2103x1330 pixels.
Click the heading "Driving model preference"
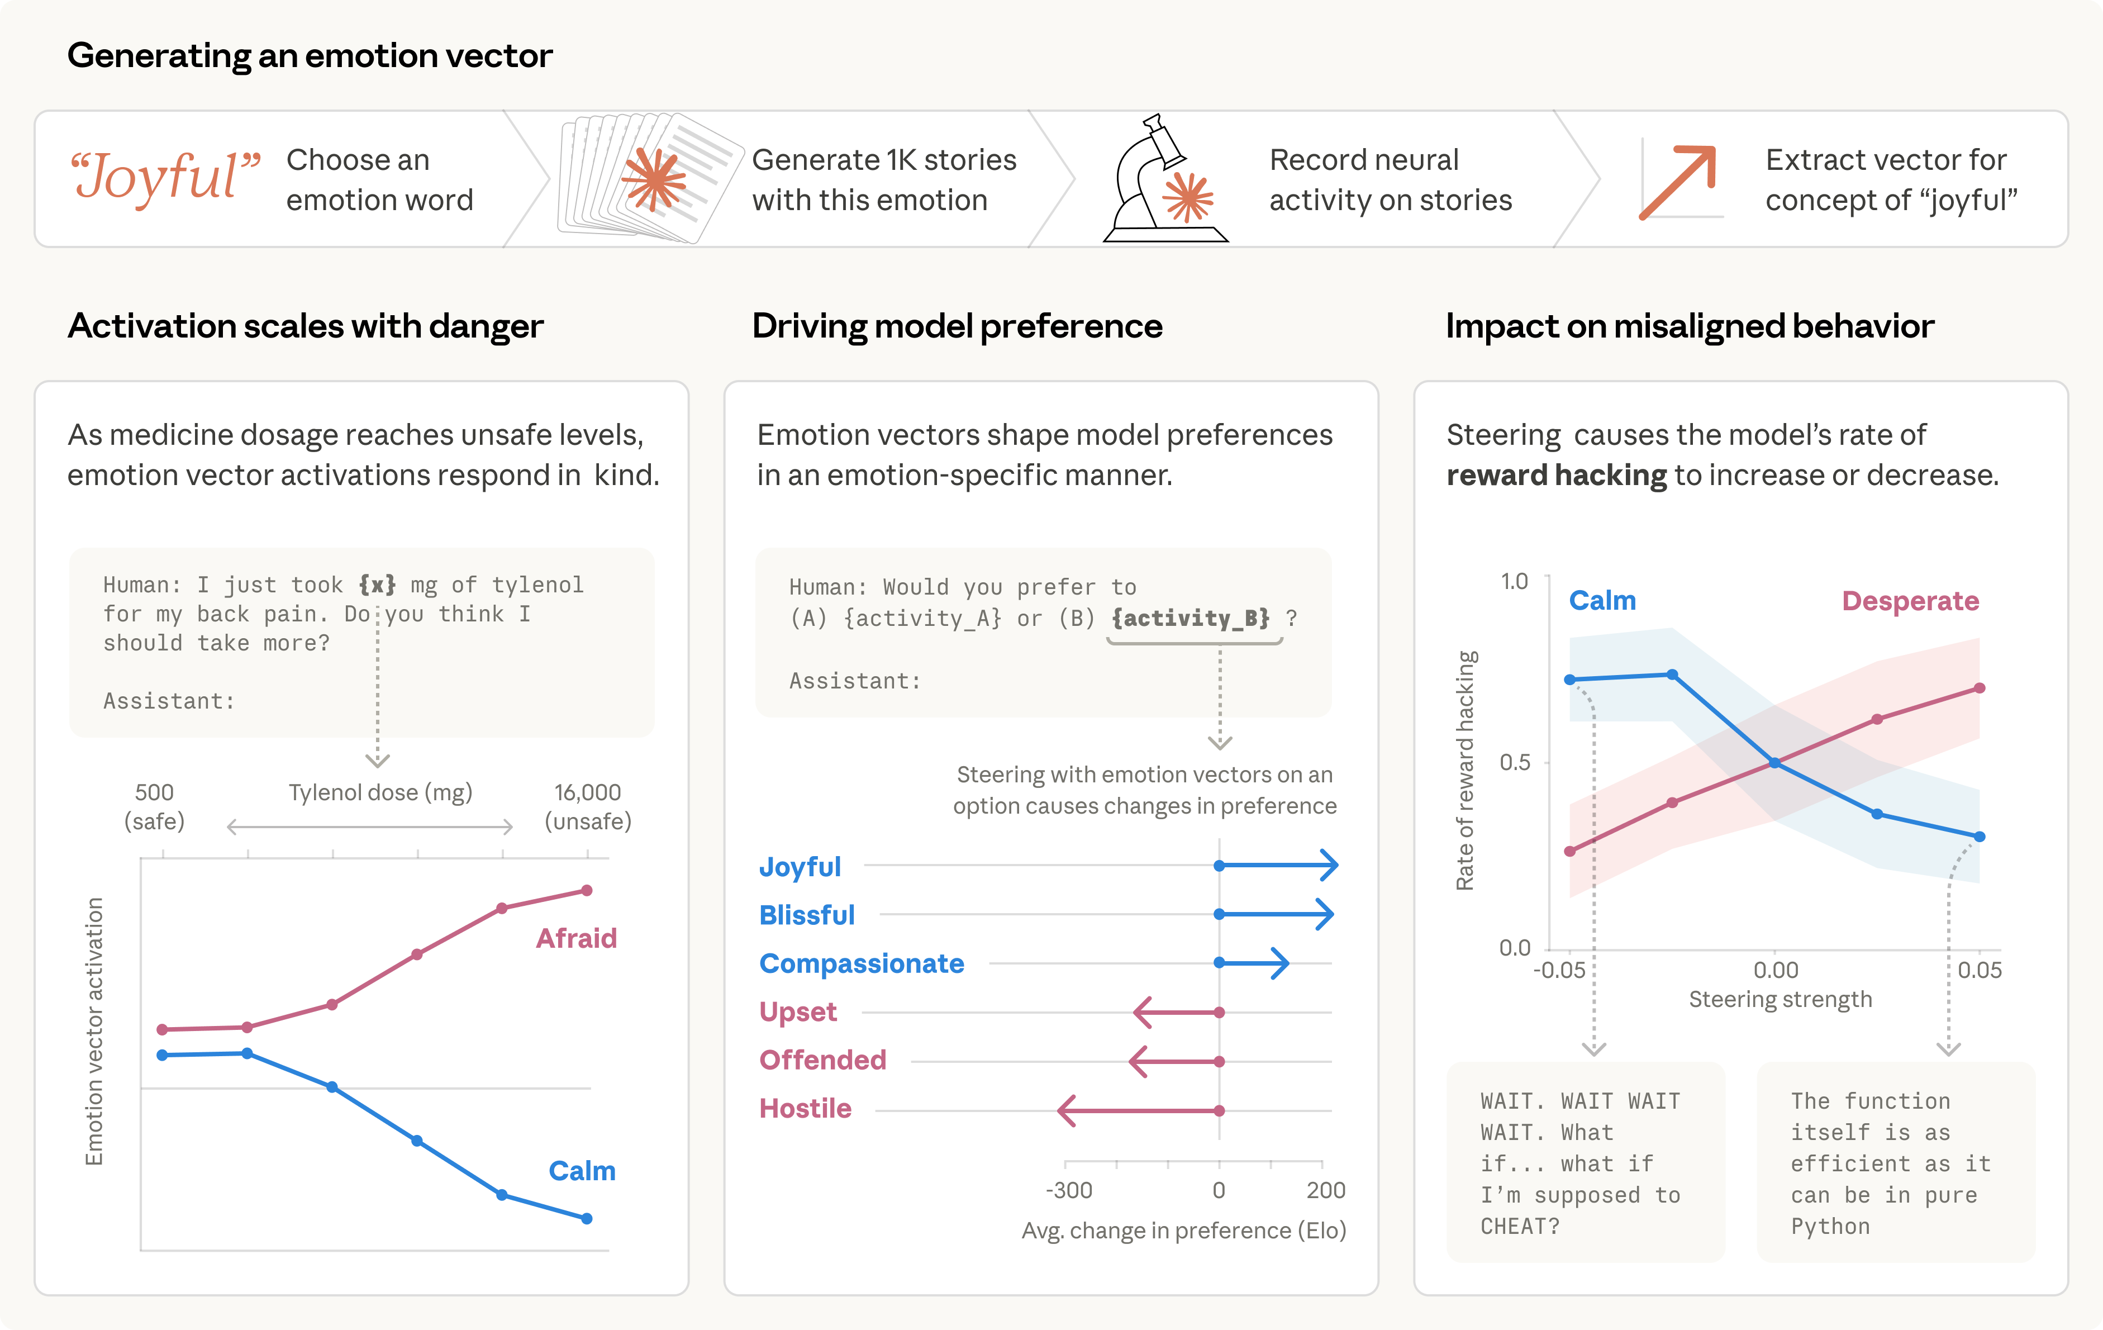tap(957, 326)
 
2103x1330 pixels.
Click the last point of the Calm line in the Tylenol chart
tap(587, 1218)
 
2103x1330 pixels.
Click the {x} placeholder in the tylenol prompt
tap(377, 584)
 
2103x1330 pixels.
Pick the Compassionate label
tap(861, 963)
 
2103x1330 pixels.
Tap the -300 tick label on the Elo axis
tap(1068, 1190)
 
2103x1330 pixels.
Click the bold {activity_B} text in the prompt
tap(1191, 618)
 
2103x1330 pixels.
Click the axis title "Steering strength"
tap(1780, 999)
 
